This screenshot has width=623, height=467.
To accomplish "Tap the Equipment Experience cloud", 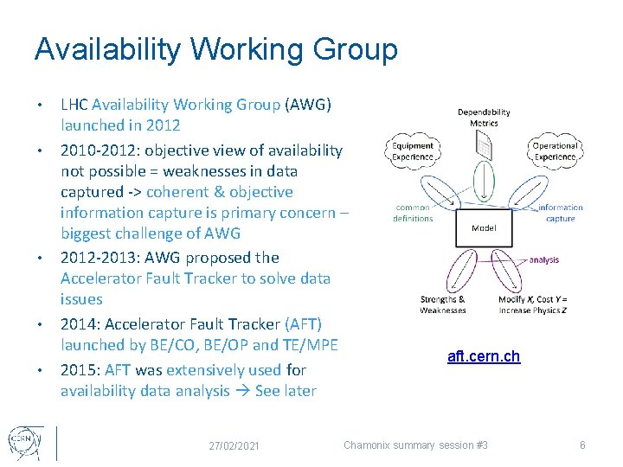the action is (413, 151).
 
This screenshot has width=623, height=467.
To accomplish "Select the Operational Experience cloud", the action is (555, 151).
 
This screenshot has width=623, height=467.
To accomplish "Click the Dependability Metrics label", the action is (484, 117).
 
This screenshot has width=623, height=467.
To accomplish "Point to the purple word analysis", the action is (543, 259).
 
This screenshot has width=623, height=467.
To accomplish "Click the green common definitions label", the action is (413, 213).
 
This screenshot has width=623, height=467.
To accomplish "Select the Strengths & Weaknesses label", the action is (442, 304).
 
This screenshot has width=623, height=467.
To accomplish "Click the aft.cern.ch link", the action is (484, 356).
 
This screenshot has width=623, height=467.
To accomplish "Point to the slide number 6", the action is (582, 445).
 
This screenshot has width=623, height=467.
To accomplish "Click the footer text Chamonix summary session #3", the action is (415, 445).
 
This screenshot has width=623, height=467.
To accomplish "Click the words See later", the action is (286, 391).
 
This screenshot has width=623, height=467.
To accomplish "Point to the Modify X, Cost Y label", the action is (533, 299).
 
